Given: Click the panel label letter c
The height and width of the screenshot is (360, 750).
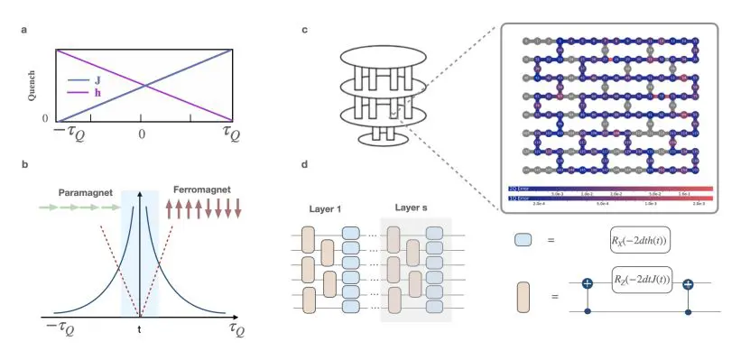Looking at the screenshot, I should (x=305, y=32).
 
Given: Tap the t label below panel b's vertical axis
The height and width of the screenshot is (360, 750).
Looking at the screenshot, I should (x=139, y=330).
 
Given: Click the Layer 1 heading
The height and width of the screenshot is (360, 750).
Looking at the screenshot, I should (x=322, y=208).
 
